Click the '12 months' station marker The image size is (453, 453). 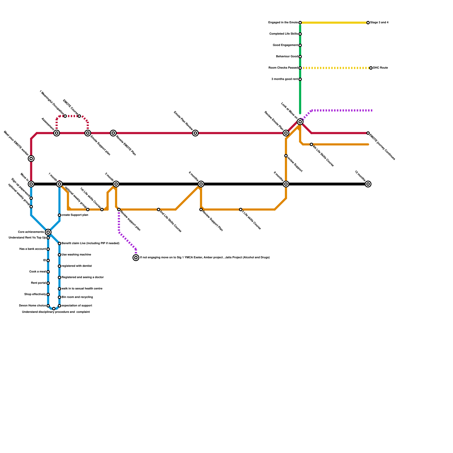point(368,184)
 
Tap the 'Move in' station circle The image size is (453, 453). point(31,184)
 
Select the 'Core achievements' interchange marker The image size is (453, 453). point(48,232)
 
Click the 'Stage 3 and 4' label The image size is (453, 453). point(379,23)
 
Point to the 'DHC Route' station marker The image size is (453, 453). point(371,68)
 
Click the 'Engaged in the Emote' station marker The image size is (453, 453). point(300,23)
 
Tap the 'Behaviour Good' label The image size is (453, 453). point(287,57)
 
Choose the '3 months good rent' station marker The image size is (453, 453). point(300,79)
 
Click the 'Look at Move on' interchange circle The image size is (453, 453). point(300,122)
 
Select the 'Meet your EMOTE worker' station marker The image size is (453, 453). point(31,159)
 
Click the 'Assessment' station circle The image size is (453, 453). point(57,133)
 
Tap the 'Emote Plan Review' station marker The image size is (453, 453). point(195,133)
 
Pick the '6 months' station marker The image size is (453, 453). point(201,184)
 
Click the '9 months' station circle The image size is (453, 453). point(286,184)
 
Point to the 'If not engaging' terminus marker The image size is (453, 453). point(136,258)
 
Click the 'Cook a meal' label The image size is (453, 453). point(37,272)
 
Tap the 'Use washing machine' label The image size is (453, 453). point(76,255)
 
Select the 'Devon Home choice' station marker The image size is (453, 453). point(48,306)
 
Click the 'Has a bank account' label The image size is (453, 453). point(33,249)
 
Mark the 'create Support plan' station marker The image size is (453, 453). point(59,215)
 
